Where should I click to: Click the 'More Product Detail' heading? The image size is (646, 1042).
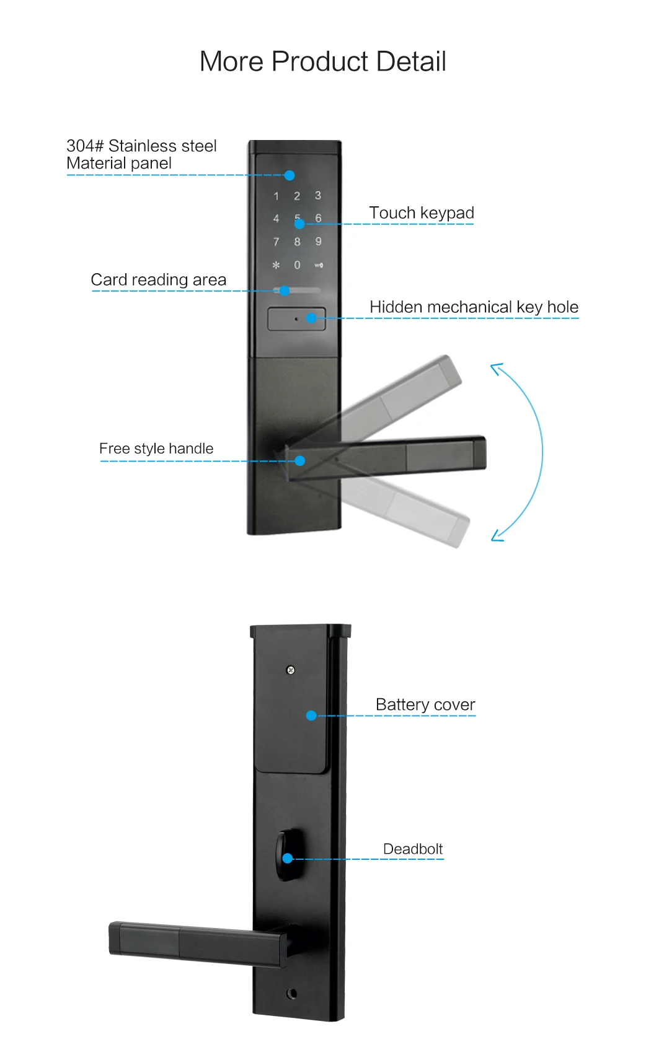[322, 61]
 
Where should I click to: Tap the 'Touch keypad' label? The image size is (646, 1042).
[421, 212]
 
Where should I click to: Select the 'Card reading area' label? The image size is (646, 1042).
[158, 279]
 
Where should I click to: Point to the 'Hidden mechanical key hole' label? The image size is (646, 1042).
[474, 307]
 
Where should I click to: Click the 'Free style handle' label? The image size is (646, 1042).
[156, 449]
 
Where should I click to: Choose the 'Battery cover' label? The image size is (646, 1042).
[425, 704]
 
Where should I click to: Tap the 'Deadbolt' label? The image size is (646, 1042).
[413, 849]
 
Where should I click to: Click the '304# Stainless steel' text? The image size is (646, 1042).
[141, 146]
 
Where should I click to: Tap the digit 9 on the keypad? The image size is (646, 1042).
[318, 242]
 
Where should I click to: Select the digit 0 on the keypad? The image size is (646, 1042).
[297, 265]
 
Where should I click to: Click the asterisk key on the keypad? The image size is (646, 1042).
[276, 265]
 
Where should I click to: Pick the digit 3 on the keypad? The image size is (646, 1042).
[318, 196]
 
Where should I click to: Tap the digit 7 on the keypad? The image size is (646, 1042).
[276, 242]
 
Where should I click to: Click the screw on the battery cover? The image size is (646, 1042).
[290, 670]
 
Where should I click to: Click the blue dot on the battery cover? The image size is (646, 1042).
[311, 716]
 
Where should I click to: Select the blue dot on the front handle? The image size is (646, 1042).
[300, 461]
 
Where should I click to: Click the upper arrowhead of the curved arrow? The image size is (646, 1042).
[495, 368]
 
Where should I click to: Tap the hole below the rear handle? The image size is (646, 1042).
[292, 994]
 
